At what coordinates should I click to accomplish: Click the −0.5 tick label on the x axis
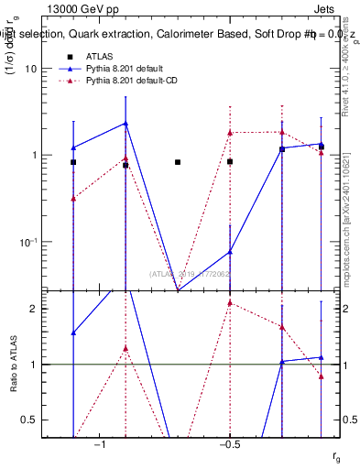point(228,444)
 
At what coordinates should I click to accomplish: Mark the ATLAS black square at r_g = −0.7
point(178,162)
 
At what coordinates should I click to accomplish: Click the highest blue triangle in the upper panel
point(125,124)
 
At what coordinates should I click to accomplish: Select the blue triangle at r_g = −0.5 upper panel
point(230,252)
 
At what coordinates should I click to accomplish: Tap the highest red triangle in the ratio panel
point(230,303)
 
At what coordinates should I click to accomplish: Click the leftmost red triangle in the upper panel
point(73,198)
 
